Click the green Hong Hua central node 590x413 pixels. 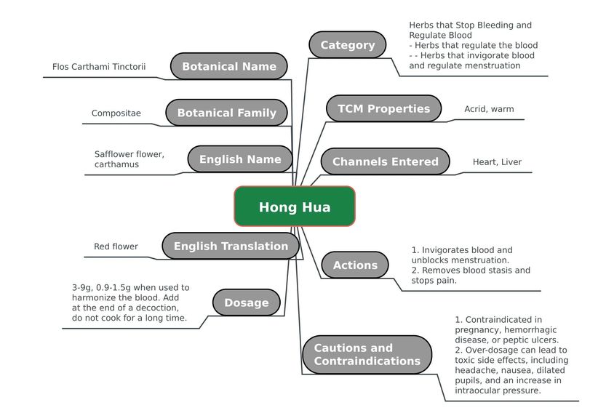pos(295,206)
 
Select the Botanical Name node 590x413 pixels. pos(228,66)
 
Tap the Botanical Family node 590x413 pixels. pos(226,113)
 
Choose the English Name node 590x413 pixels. pos(240,159)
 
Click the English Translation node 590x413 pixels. pos(231,246)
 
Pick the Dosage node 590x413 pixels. pos(247,302)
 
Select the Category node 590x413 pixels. pos(348,45)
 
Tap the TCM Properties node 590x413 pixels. pos(384,108)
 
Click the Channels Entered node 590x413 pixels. pos(386,161)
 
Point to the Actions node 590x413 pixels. pos(355,265)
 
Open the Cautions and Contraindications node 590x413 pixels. pos(367,354)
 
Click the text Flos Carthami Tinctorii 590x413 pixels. pos(99,67)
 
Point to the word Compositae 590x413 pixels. pos(116,113)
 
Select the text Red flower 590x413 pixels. pos(116,246)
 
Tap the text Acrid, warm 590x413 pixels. pos(489,109)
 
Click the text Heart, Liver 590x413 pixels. pos(497,162)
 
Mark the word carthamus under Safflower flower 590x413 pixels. pos(116,164)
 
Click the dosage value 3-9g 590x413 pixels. pos(82,288)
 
